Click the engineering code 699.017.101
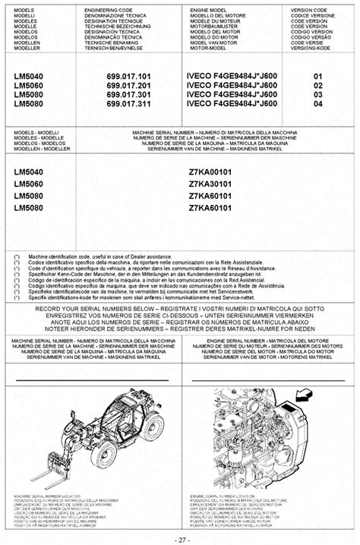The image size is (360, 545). (x=129, y=77)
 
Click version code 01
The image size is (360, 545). (x=317, y=77)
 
